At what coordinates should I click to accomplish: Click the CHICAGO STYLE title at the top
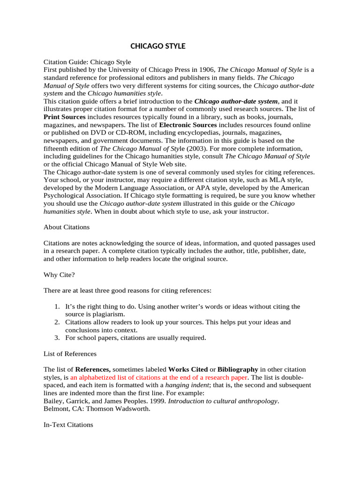tap(157, 46)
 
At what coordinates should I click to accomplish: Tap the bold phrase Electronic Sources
tap(188, 125)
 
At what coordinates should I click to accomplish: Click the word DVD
tap(103, 133)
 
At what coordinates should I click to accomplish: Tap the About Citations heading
tap(67, 227)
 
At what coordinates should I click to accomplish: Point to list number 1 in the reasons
tap(56, 307)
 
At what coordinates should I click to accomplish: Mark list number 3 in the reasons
tap(56, 337)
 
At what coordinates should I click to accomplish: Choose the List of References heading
tap(70, 353)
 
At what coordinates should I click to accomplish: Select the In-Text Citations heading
tap(68, 425)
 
